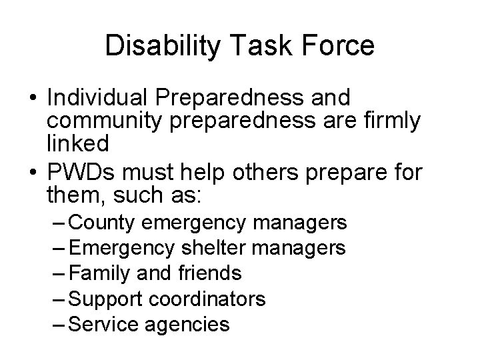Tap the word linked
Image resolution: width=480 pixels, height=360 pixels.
tap(77, 143)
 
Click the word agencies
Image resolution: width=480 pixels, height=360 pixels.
tap(190, 324)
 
